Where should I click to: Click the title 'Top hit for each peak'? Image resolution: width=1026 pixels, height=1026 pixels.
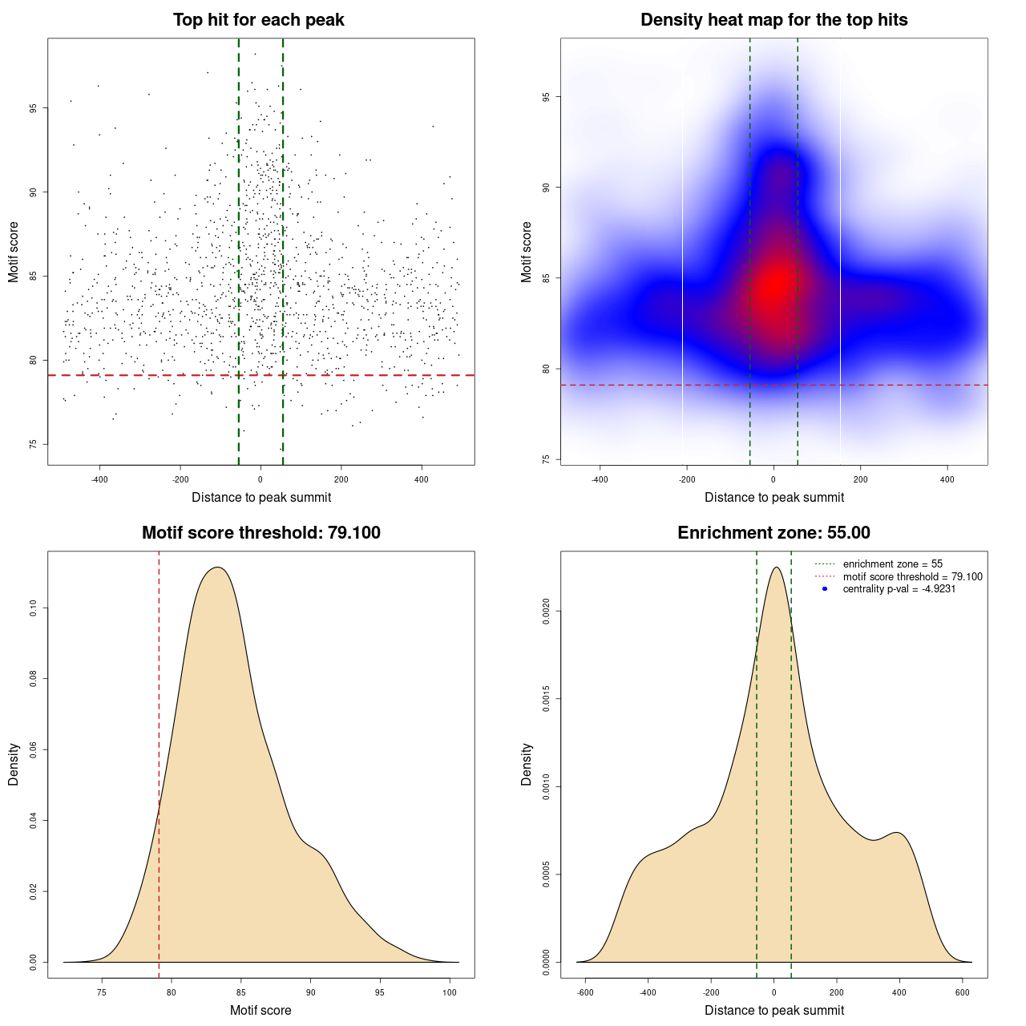click(258, 20)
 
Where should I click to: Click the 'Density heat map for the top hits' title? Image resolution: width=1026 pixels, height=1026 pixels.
click(774, 20)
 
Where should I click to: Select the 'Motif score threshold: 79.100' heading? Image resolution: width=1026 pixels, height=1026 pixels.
click(261, 533)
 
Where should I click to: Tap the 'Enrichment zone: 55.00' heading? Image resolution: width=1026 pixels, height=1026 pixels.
click(774, 533)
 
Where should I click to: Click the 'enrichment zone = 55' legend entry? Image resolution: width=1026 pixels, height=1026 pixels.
click(892, 564)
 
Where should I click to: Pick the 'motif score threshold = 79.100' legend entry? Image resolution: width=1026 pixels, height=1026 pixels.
click(912, 576)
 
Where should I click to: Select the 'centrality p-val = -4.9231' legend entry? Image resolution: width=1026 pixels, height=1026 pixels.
click(899, 589)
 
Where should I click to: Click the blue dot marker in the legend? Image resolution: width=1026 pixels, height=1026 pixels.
click(825, 589)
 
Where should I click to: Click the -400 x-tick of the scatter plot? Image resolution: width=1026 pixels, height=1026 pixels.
click(99, 480)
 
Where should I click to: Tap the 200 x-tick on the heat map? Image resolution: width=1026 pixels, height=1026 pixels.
click(860, 480)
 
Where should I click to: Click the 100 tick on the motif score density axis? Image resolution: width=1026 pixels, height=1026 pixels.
click(450, 993)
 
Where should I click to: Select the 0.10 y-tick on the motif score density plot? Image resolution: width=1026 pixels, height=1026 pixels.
click(34, 609)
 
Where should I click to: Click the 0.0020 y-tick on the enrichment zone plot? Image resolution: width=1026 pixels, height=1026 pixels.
click(547, 612)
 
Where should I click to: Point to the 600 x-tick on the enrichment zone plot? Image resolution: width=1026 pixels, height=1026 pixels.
click(963, 993)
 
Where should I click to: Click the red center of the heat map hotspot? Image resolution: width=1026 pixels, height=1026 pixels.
click(776, 283)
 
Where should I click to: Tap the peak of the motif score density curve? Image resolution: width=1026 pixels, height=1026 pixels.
click(217, 568)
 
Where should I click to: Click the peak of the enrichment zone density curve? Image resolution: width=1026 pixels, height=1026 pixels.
click(775, 568)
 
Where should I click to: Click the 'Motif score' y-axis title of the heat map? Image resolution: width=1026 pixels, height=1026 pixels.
click(527, 252)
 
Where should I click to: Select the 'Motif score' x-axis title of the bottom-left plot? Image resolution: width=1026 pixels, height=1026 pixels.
click(261, 1010)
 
